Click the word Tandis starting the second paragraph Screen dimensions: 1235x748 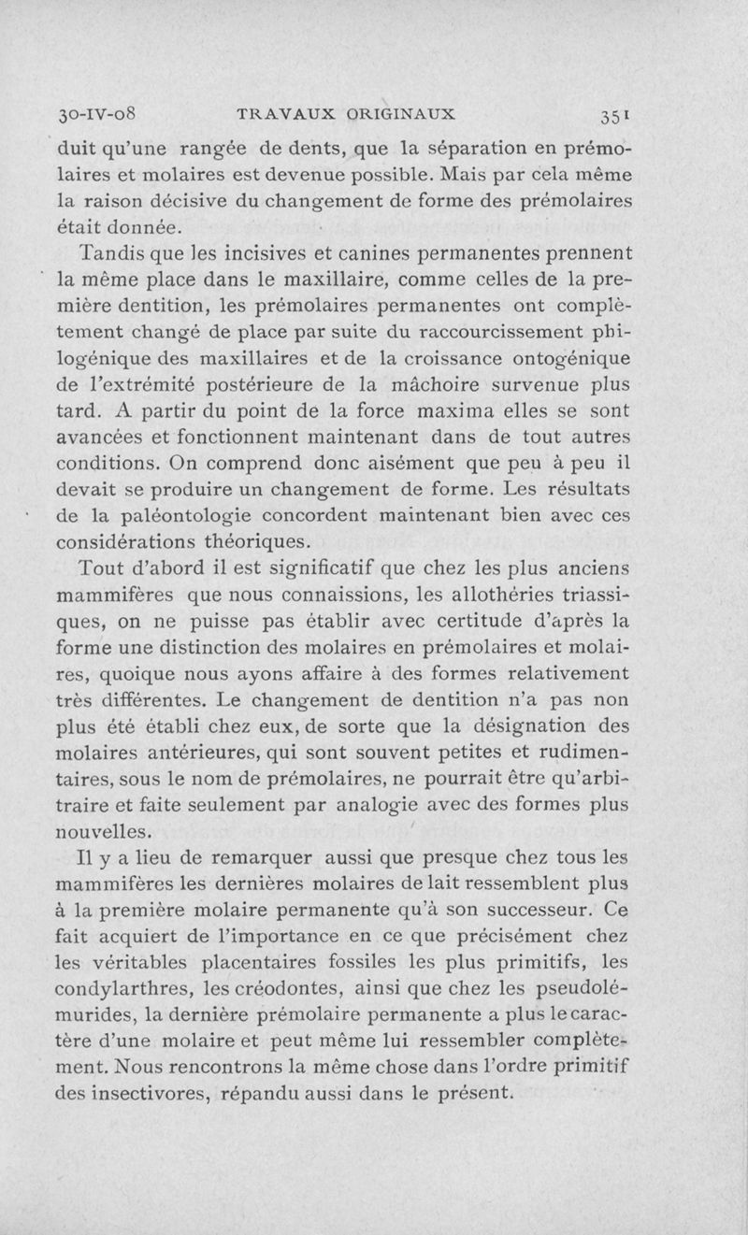pos(114,252)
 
